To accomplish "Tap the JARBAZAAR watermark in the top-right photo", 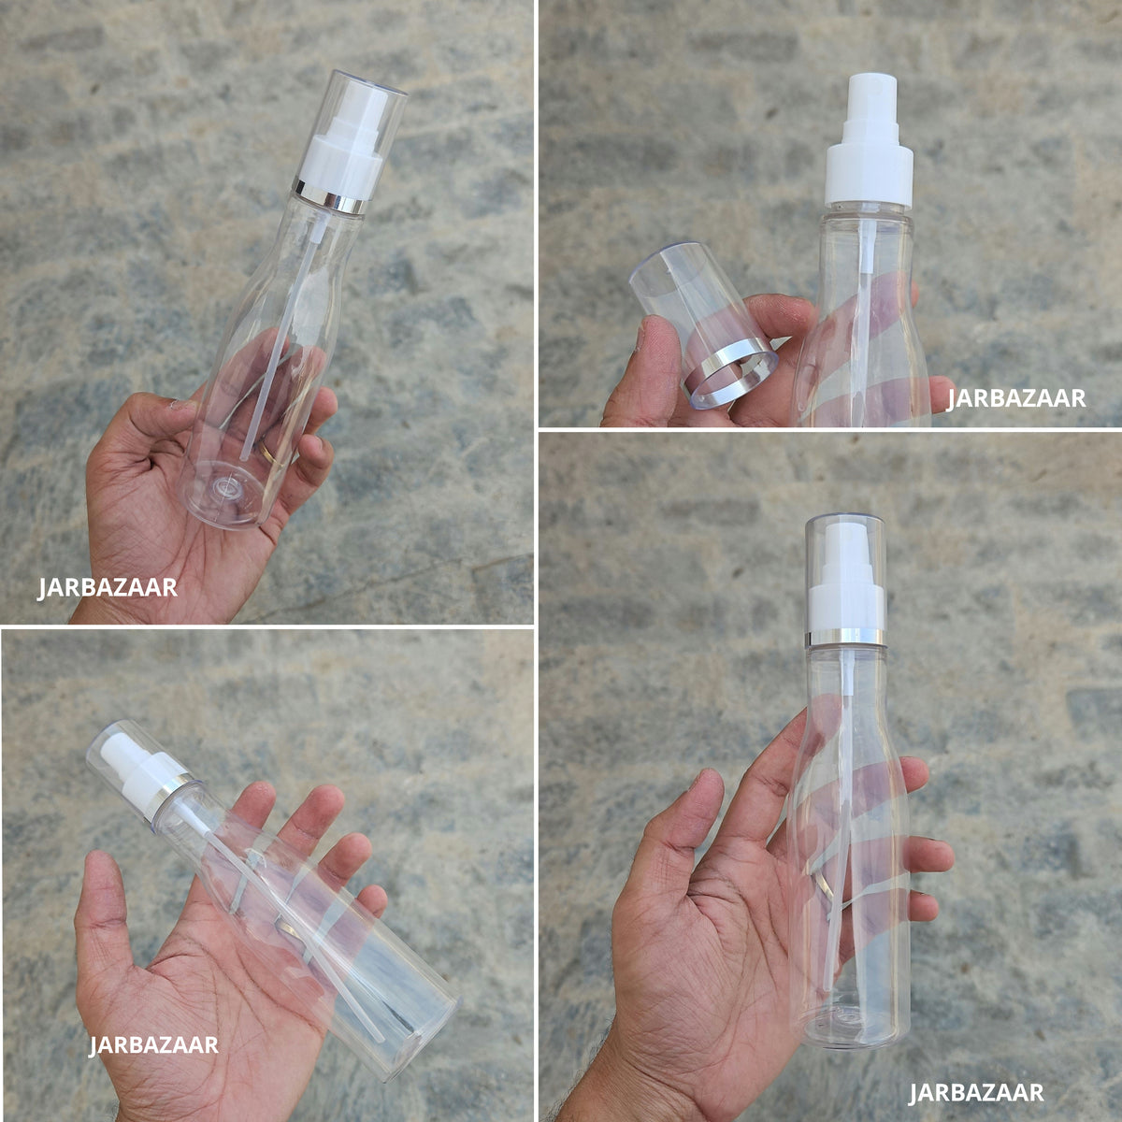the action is pyautogui.click(x=1016, y=398).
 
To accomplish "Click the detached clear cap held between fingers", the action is pyautogui.click(x=702, y=324).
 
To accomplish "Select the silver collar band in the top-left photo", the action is pyautogui.click(x=331, y=196).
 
